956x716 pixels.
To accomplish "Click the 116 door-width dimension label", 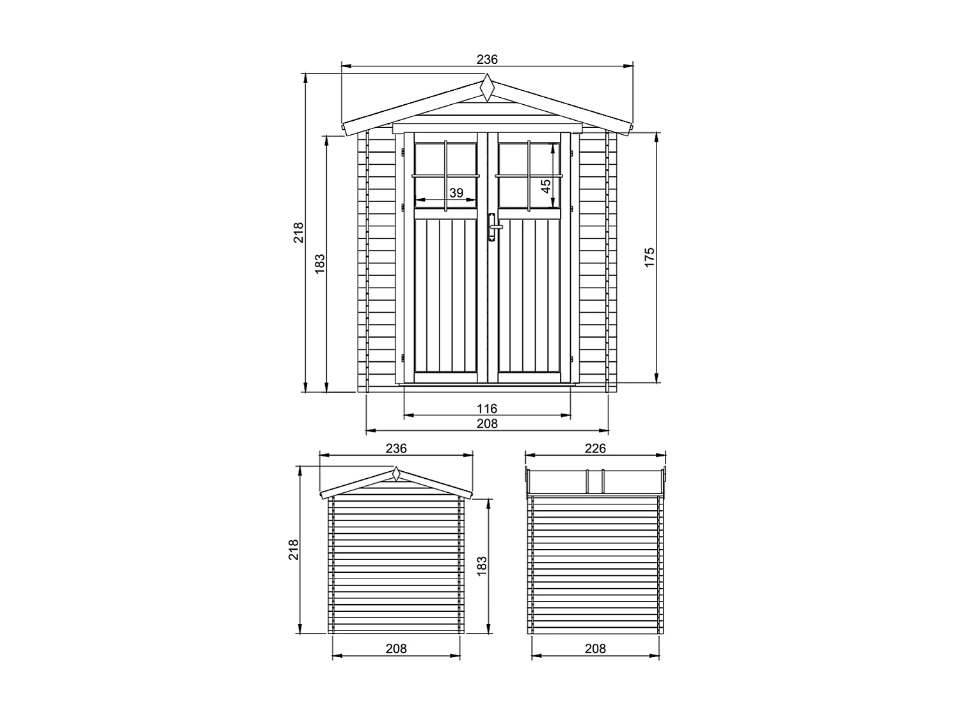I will click(487, 409).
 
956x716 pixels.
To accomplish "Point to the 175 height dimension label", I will click(650, 257).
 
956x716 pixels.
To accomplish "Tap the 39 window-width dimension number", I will click(456, 192).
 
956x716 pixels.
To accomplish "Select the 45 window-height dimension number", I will click(546, 186).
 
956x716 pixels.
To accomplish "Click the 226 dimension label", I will click(595, 449).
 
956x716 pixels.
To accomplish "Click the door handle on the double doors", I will click(492, 227).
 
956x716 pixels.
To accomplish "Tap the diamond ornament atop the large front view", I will click(488, 88).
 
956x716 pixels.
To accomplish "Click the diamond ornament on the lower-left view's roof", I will click(396, 474).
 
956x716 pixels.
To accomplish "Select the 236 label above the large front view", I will click(487, 59).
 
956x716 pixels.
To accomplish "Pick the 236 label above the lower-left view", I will click(396, 449).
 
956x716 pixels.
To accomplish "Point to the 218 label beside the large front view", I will click(298, 232).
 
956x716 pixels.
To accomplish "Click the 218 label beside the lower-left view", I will click(294, 550).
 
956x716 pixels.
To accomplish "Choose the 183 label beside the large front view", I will click(320, 263).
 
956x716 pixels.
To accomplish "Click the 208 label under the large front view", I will click(487, 423).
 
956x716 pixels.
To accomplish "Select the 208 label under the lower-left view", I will click(396, 649).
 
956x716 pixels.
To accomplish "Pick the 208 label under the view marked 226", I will click(595, 649).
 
